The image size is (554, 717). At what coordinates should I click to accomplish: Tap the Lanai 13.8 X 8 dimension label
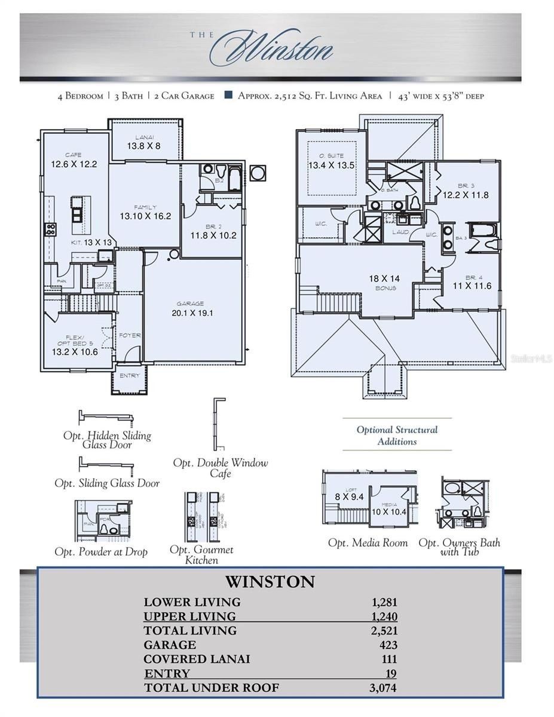click(143, 145)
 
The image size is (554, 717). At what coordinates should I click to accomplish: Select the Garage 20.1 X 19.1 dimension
click(192, 312)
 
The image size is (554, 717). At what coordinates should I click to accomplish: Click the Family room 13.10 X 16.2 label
click(145, 216)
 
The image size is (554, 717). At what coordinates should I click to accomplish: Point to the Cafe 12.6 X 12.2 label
click(74, 164)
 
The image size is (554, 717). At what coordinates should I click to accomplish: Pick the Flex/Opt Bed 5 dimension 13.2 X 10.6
click(75, 351)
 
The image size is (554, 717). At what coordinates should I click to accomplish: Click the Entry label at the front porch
click(130, 376)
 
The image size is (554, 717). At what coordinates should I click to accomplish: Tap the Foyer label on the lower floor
click(130, 335)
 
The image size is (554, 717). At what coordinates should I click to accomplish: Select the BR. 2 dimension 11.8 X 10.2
click(213, 235)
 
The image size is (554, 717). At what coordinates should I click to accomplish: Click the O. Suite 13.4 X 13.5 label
click(331, 165)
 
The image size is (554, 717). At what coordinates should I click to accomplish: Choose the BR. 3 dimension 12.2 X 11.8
click(465, 194)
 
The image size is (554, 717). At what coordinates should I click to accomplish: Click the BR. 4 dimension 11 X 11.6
click(471, 286)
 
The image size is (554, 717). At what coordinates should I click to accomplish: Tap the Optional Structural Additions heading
click(397, 436)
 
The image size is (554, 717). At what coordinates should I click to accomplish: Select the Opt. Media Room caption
click(368, 543)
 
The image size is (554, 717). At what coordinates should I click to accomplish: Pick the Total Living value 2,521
click(383, 630)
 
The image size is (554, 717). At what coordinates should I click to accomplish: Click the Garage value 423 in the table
click(387, 645)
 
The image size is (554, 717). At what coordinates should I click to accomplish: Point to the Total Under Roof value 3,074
click(382, 688)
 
